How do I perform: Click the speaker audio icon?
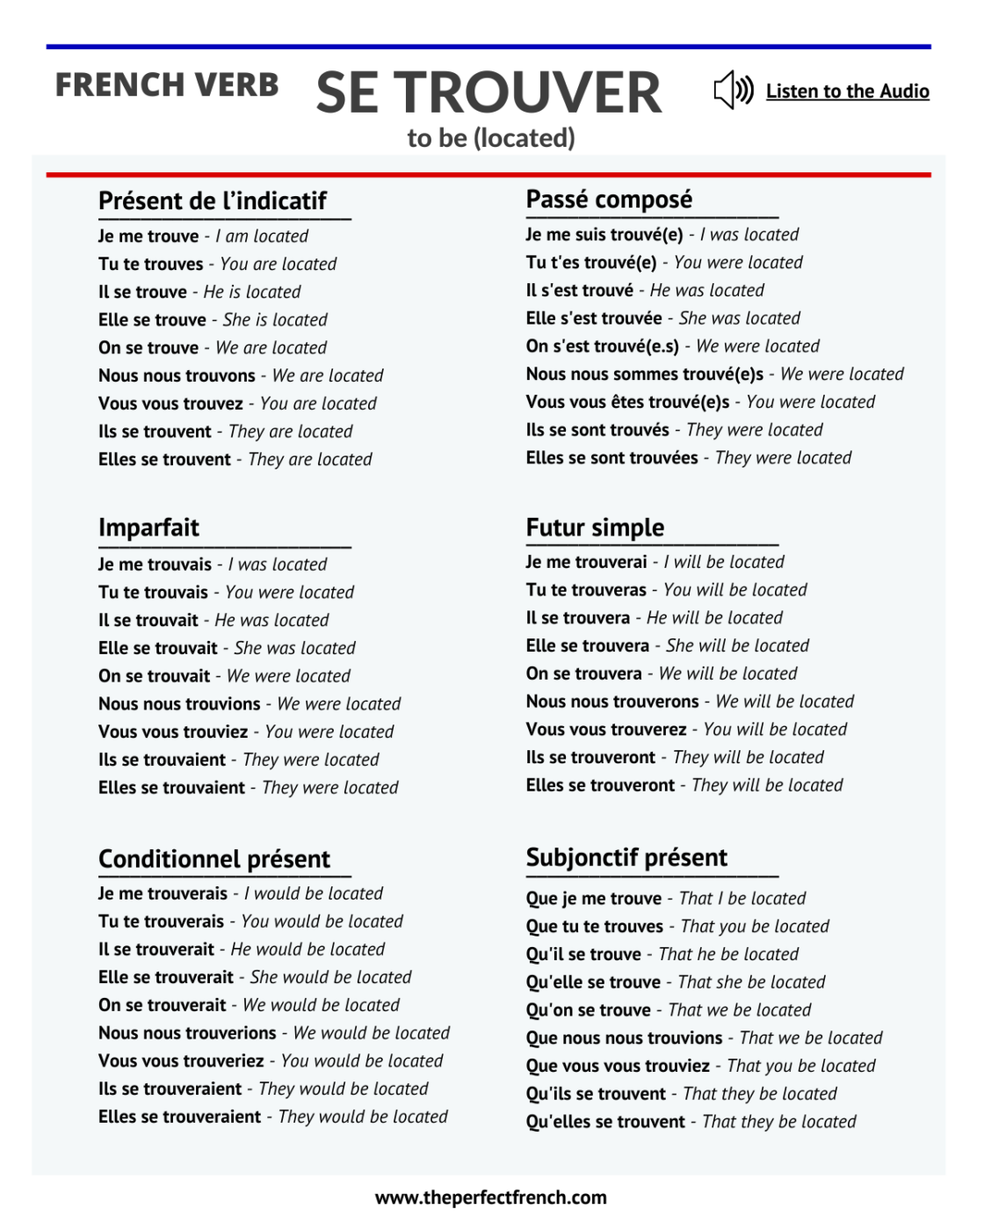click(734, 91)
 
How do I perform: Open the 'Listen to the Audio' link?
click(847, 91)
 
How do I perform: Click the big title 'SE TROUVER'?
click(488, 93)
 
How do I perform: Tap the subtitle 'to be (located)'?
click(491, 138)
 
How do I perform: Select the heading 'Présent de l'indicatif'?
click(213, 201)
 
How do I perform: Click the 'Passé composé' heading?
click(609, 200)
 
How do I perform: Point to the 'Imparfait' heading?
click(148, 528)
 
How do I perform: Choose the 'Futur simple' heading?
click(595, 528)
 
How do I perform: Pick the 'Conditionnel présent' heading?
click(214, 859)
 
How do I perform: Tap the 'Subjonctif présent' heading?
click(626, 857)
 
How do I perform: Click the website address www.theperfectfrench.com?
click(490, 1198)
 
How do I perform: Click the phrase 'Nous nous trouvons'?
click(177, 375)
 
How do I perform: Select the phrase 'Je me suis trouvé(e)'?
click(604, 235)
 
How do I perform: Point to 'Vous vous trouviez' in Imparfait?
click(173, 732)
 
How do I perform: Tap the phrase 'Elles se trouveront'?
click(600, 785)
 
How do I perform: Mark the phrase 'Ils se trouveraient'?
click(170, 1089)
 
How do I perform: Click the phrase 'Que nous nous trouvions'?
click(624, 1038)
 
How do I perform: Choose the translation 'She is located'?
click(275, 320)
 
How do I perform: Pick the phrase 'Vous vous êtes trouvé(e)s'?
click(627, 402)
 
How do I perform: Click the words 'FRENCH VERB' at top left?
click(167, 85)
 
